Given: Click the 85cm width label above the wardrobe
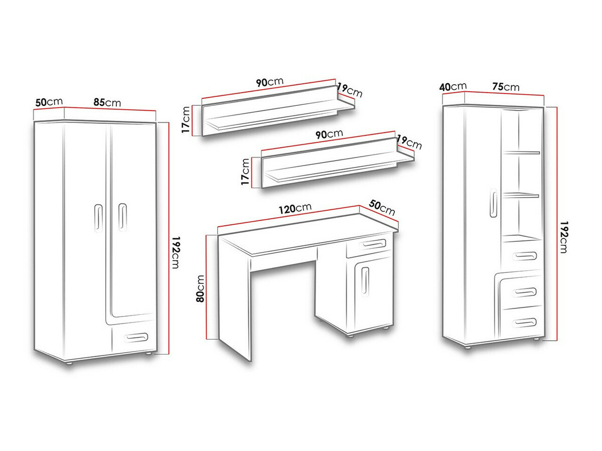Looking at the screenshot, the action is click(107, 102).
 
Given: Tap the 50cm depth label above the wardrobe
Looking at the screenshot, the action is click(49, 102).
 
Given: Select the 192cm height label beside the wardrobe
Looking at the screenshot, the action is click(176, 252).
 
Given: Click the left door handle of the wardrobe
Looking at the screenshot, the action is click(98, 218).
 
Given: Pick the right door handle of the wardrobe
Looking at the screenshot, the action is click(122, 217).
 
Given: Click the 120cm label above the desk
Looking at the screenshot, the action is click(295, 209).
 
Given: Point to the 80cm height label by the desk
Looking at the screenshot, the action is click(200, 288).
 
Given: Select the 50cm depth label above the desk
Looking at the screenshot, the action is click(382, 208).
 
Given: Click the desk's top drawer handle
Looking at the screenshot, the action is click(372, 244).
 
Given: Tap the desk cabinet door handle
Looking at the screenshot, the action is click(365, 281).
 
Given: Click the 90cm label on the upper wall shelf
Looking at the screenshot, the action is click(269, 82).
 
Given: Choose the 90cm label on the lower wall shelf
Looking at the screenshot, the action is click(329, 134).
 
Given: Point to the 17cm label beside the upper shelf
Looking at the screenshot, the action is click(186, 119).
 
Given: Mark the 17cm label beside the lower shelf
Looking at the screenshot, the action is click(245, 172).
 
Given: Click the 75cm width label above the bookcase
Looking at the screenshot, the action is click(506, 87).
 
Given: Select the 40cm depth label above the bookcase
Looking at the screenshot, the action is click(453, 87).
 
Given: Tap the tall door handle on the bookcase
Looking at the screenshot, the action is click(493, 203).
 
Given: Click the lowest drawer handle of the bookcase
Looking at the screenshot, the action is click(524, 323).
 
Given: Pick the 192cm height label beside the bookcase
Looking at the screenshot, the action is click(564, 237).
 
